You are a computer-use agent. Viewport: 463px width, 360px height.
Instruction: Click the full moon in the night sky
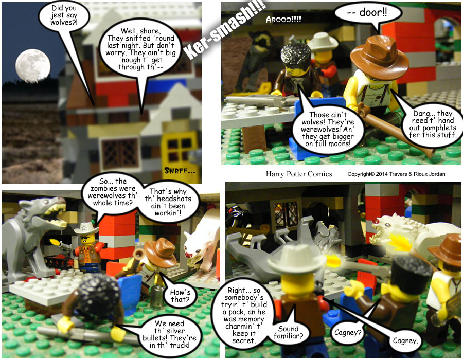pyautogui.click(x=33, y=66)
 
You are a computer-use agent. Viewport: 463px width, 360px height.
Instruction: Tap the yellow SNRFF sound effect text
pyautogui.click(x=180, y=171)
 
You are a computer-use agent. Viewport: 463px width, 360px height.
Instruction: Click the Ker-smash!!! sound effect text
pyautogui.click(x=224, y=29)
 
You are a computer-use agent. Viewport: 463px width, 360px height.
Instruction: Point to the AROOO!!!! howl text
pyautogui.click(x=283, y=20)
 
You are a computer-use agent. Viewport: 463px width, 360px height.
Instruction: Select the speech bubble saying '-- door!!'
pyautogui.click(x=368, y=13)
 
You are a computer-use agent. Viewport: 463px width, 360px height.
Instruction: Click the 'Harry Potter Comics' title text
pyautogui.click(x=299, y=174)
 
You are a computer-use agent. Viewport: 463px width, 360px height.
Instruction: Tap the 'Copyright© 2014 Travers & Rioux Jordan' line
pyautogui.click(x=396, y=174)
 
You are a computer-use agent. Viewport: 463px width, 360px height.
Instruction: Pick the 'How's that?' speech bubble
pyautogui.click(x=180, y=296)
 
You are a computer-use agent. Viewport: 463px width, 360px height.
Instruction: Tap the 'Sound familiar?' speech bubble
pyautogui.click(x=288, y=332)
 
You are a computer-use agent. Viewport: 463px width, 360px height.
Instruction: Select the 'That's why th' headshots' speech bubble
pyautogui.click(x=168, y=202)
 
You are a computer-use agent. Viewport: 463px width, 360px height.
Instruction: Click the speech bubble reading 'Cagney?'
pyautogui.click(x=348, y=333)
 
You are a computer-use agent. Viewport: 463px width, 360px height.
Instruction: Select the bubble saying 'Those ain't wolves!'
pyautogui.click(x=328, y=129)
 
